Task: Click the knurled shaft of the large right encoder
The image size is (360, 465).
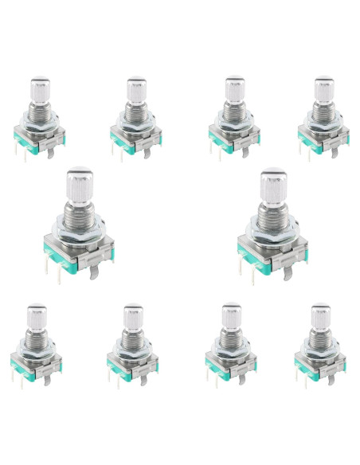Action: [x=272, y=185]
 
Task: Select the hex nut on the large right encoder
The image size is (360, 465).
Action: [x=272, y=227]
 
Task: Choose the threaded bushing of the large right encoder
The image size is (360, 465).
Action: [x=272, y=210]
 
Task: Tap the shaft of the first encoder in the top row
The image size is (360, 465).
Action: [x=41, y=88]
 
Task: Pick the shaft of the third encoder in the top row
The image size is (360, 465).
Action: [x=233, y=88]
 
